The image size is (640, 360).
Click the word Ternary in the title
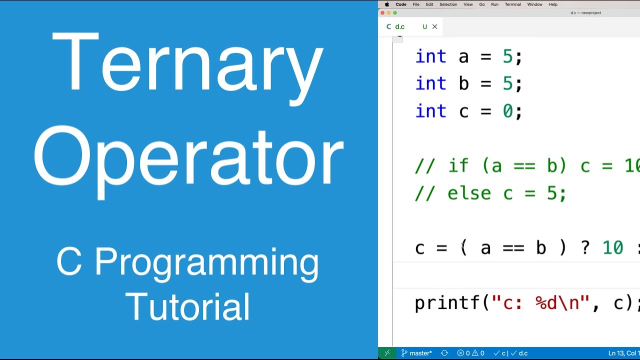[187, 62]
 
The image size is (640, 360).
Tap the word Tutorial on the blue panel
[188, 306]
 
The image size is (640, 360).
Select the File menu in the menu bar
[416, 4]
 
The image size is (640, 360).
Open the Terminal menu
[512, 4]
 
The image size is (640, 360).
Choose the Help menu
[553, 4]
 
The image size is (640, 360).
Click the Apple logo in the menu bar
[387, 4]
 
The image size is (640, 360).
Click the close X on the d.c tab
[434, 27]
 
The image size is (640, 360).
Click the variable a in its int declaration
[463, 57]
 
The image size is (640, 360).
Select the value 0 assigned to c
[507, 111]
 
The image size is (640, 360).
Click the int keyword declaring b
[430, 84]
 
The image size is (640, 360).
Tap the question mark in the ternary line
[585, 247]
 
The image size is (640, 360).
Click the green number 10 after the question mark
[612, 247]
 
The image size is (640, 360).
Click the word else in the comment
[469, 193]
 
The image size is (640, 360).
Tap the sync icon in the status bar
[444, 353]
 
